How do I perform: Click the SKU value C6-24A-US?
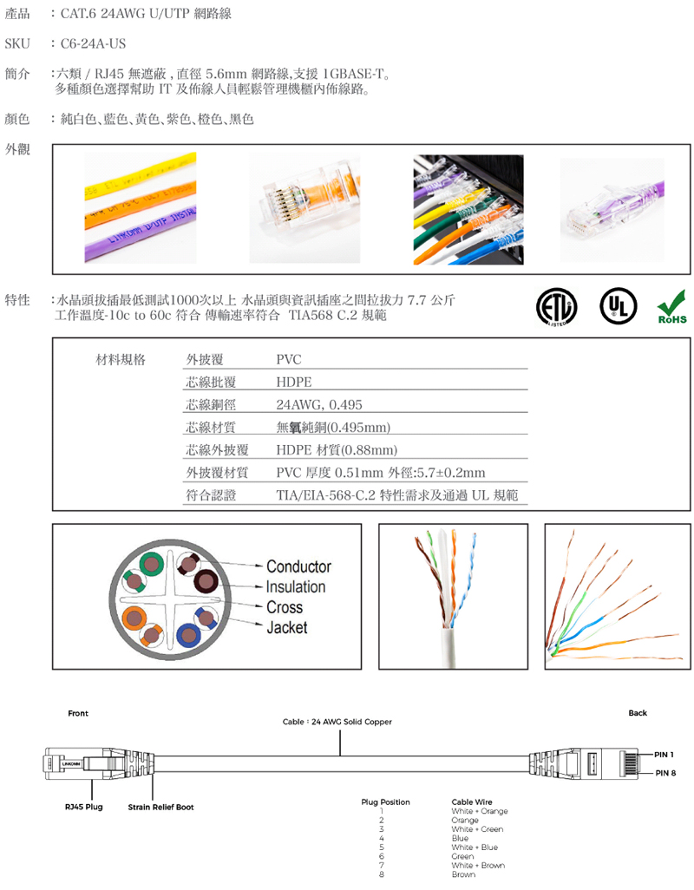[x=93, y=43]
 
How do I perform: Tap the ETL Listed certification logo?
[x=557, y=307]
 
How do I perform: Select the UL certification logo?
[x=618, y=306]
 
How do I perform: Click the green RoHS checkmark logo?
[x=671, y=307]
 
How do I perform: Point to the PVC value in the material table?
[x=289, y=359]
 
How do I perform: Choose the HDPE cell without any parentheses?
[x=294, y=382]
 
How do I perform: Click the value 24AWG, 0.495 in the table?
[x=319, y=405]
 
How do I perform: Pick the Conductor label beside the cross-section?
[x=298, y=566]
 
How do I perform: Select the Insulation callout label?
[x=296, y=587]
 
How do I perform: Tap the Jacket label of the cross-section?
[x=286, y=628]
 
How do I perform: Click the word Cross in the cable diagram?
[x=285, y=607]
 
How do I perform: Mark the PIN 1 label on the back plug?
[x=664, y=755]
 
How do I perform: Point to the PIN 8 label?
[x=665, y=773]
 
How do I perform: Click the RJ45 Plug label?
[x=84, y=807]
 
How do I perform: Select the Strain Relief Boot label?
[x=160, y=807]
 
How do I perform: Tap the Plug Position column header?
[x=385, y=802]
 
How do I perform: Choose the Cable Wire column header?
[x=472, y=802]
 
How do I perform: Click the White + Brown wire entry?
[x=478, y=866]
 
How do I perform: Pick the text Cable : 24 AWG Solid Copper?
[x=337, y=722]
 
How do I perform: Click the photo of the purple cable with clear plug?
[x=612, y=209]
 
